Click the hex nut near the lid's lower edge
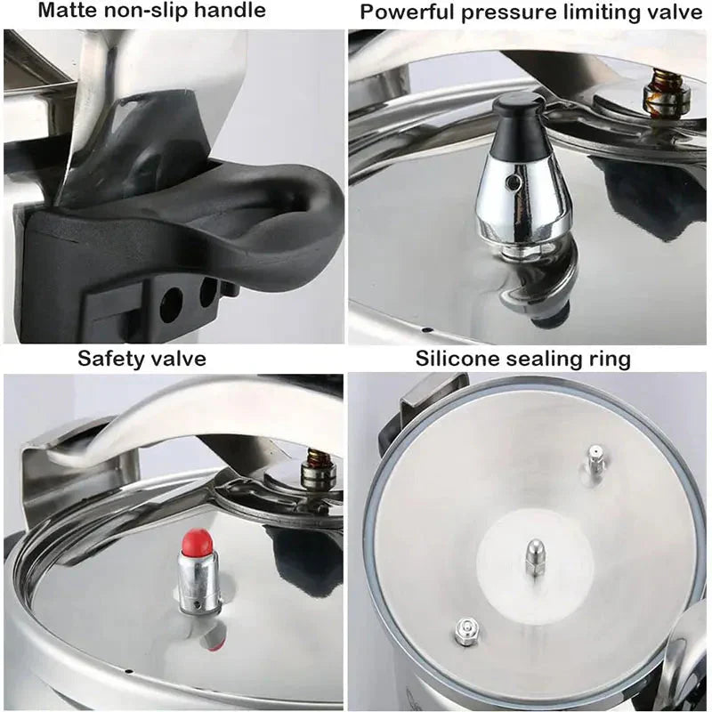point(464,631)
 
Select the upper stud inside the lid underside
point(590,462)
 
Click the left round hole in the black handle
point(170,304)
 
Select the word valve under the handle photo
point(179,359)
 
